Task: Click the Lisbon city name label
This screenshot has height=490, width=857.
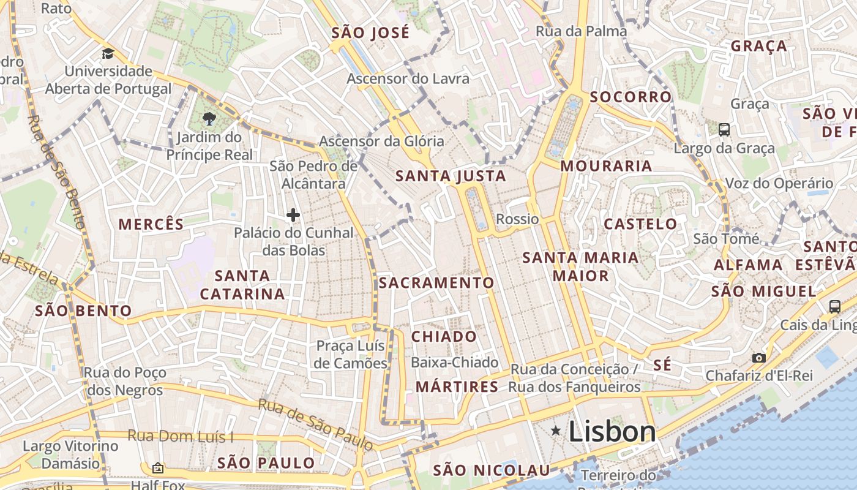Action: [612, 432]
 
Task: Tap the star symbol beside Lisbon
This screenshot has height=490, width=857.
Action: [556, 431]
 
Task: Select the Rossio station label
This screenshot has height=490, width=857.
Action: [517, 219]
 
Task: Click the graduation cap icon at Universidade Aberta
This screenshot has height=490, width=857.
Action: [108, 53]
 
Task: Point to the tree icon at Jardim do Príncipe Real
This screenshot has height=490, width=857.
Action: [209, 118]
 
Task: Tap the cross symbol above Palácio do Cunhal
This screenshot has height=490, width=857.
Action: [293, 215]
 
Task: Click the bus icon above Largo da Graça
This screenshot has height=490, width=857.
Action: [724, 129]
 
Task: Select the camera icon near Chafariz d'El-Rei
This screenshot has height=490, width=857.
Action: [758, 358]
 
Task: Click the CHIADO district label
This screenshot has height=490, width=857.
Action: [444, 336]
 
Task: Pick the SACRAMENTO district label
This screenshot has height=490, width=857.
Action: [436, 282]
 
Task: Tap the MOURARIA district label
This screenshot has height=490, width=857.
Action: [606, 166]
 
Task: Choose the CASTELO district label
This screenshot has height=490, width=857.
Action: [640, 224]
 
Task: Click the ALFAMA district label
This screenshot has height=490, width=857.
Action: [748, 265]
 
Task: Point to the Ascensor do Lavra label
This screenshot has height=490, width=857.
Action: [408, 78]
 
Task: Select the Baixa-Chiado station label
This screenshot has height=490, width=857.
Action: [454, 363]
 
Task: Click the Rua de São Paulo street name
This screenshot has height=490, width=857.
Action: [315, 424]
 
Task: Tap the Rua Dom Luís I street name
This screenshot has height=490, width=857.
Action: [181, 437]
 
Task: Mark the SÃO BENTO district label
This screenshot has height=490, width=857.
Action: [83, 311]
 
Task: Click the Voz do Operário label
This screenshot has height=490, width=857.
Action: [779, 183]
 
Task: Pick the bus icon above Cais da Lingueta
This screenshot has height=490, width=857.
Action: [834, 307]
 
